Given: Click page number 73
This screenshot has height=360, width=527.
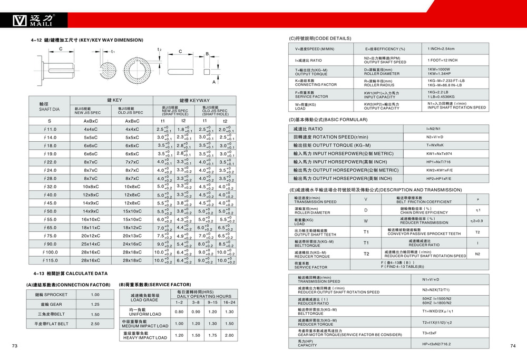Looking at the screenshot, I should pyautogui.click(x=15, y=346).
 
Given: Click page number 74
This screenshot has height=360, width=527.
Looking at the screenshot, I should pyautogui.click(x=512, y=346).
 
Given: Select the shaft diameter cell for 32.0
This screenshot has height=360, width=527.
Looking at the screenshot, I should pyautogui.click(x=50, y=187).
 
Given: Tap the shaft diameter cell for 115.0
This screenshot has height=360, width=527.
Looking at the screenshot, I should pyautogui.click(x=50, y=260).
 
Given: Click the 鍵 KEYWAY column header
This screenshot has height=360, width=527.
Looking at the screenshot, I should pyautogui.click(x=194, y=100).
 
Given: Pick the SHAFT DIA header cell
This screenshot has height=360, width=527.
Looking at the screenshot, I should pyautogui.click(x=50, y=106).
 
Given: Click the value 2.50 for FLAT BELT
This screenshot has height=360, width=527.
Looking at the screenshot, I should pyautogui.click(x=95, y=324).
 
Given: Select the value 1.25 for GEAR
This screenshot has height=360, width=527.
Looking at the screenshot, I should pyautogui.click(x=95, y=304).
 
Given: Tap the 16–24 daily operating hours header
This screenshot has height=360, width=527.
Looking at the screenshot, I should pyautogui.click(x=229, y=302).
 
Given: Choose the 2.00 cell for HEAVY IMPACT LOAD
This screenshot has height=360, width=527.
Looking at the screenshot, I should pyautogui.click(x=229, y=335).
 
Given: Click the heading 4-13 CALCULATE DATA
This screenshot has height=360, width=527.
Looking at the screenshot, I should pyautogui.click(x=70, y=274).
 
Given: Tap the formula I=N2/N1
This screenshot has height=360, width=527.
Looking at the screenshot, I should pyautogui.click(x=434, y=129).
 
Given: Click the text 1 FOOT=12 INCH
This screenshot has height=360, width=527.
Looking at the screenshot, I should pyautogui.click(x=443, y=60).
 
